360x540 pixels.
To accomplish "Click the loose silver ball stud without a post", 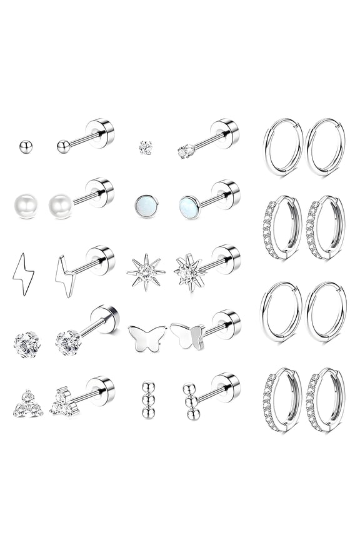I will pyautogui.click(x=26, y=146).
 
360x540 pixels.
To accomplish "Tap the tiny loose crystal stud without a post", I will pyautogui.click(x=146, y=147).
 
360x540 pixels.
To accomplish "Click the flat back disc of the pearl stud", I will pyautogui.click(x=101, y=192).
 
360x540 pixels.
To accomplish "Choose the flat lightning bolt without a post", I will pyautogui.click(x=23, y=274).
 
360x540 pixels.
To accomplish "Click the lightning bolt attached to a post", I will pyautogui.click(x=65, y=276).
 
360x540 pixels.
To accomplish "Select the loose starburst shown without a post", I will pyautogui.click(x=145, y=272).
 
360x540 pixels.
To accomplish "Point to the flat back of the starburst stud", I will pyautogui.click(x=226, y=258).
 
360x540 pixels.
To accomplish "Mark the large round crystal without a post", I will pyautogui.click(x=27, y=343).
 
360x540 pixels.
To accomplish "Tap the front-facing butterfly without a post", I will pyautogui.click(x=147, y=338).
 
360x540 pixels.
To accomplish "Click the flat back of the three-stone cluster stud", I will pyautogui.click(x=101, y=389).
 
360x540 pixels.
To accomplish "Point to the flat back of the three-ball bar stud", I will pyautogui.click(x=226, y=387).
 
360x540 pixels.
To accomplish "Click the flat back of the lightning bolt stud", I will pyautogui.click(x=101, y=259).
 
